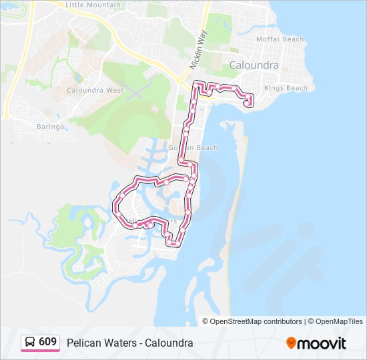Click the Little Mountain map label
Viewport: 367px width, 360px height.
click(x=93, y=5)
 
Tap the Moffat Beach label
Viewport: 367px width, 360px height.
click(x=280, y=39)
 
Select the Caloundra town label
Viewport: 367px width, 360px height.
click(x=254, y=65)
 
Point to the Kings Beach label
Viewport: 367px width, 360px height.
click(x=286, y=88)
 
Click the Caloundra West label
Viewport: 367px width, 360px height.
click(x=95, y=90)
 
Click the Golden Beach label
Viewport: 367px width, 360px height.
click(x=193, y=148)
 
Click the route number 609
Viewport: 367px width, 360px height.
click(x=47, y=342)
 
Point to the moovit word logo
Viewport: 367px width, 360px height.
click(x=322, y=343)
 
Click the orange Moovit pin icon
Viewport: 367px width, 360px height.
click(x=291, y=343)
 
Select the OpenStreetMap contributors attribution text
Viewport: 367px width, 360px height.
click(x=256, y=321)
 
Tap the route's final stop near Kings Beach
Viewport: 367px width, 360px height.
click(x=249, y=103)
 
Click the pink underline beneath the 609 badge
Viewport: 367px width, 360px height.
click(x=40, y=351)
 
